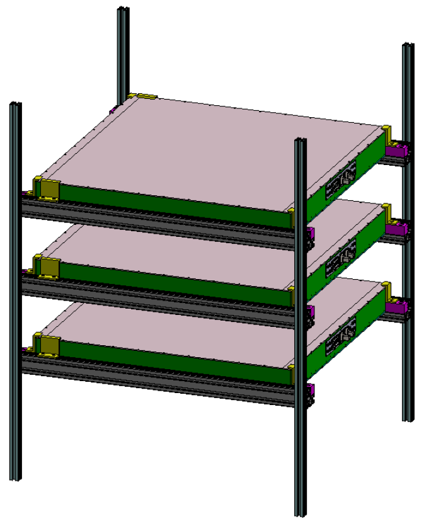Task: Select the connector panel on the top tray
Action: [341, 180]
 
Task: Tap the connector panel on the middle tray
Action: [341, 259]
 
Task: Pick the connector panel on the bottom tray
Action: [341, 337]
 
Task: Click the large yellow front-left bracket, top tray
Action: [49, 190]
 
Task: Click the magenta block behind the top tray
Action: [398, 151]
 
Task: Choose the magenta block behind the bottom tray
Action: [398, 307]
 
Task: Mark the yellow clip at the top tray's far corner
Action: [146, 96]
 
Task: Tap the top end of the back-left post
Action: [123, 10]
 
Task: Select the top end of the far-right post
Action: [409, 47]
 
